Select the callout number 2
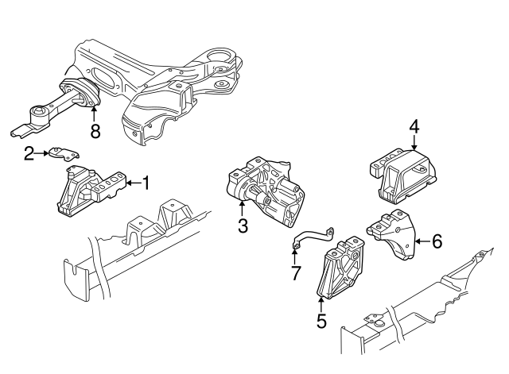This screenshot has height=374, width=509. [x=29, y=153]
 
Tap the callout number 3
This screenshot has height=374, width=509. [x=243, y=226]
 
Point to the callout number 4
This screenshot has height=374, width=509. [x=414, y=125]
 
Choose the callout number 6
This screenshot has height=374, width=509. [x=436, y=241]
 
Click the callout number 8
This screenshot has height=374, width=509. [x=95, y=131]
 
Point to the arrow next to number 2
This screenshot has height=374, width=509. [x=41, y=153]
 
